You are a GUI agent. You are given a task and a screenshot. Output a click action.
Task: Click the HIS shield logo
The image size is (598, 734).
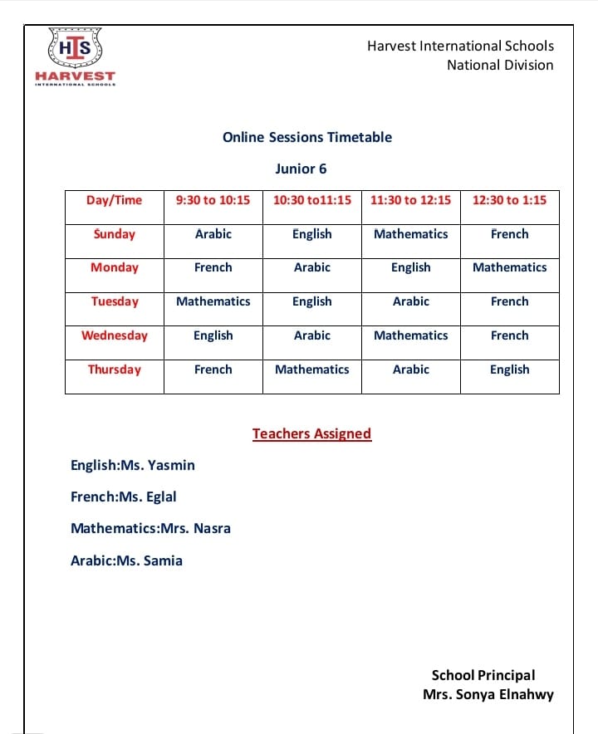(75, 49)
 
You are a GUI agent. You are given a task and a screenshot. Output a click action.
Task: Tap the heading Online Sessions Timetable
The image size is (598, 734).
(307, 138)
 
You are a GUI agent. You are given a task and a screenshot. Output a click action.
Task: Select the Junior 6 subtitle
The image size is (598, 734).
(301, 169)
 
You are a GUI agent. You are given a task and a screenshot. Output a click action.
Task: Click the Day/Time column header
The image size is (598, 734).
(114, 200)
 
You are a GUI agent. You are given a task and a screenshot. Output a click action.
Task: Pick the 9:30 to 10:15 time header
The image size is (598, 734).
(213, 200)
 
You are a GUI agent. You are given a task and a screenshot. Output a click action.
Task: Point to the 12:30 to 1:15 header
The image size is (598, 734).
(509, 200)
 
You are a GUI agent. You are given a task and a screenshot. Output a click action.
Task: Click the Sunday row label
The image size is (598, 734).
(114, 234)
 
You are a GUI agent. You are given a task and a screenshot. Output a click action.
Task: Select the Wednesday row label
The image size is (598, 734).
(114, 335)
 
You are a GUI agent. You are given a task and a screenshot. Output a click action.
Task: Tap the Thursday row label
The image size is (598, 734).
(114, 369)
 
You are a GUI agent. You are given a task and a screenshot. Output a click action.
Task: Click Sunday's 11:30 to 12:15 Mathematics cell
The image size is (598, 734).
(410, 234)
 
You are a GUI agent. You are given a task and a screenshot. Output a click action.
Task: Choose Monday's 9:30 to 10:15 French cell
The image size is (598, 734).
(213, 267)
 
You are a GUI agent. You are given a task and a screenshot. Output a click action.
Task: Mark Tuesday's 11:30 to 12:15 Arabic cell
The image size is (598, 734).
(410, 301)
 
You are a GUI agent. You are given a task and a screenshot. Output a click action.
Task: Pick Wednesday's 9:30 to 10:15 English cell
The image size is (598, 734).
(213, 335)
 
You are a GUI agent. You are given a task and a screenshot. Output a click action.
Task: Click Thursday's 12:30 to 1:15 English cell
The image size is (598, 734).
(509, 369)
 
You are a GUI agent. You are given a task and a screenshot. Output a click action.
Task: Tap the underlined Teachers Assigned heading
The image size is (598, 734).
(311, 433)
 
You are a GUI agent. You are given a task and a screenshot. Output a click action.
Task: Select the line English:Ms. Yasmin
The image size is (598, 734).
(133, 465)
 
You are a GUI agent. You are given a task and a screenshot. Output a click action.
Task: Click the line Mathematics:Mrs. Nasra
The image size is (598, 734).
(150, 528)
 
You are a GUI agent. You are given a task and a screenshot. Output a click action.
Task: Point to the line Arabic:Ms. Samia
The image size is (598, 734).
(126, 560)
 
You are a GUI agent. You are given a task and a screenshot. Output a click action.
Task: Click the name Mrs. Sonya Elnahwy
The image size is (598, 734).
(488, 695)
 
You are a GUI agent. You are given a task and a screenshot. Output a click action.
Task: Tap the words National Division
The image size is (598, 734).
(500, 65)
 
